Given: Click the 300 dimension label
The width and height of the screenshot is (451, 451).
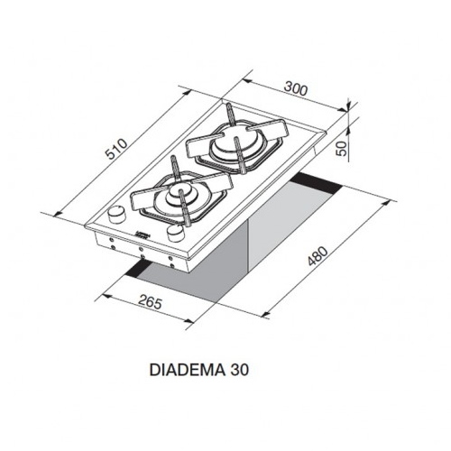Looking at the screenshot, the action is point(296,89).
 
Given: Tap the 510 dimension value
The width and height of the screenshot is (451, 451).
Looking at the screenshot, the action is point(117,150).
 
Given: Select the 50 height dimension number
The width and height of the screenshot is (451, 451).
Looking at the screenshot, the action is point(341,148).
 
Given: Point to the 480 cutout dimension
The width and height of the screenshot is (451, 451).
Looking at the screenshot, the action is point(318,256).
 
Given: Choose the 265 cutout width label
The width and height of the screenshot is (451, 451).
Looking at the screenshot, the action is point(151,302).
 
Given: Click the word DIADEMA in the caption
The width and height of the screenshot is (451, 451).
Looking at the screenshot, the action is point(187,370).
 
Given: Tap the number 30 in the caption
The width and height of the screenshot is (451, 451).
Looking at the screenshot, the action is point(240,370).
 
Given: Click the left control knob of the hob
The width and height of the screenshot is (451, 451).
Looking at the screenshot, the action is point(116,214).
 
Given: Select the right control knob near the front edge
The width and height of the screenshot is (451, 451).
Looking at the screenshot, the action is point(175,234).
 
